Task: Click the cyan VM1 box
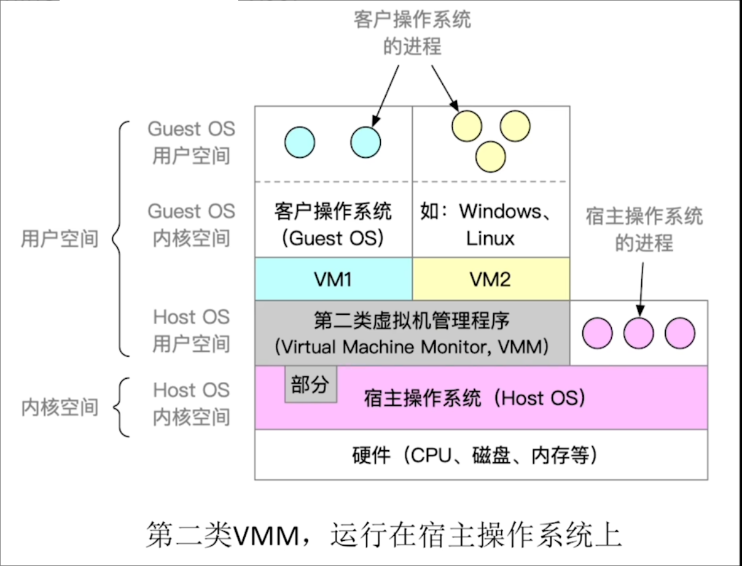tap(333, 279)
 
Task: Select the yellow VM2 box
tap(491, 279)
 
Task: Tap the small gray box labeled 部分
tap(311, 386)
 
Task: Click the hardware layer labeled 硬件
tap(481, 455)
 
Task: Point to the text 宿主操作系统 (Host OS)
tap(475, 398)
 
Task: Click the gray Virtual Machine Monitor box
tap(412, 333)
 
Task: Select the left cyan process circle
tap(299, 142)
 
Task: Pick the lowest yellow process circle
tap(491, 156)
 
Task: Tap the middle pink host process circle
tap(638, 333)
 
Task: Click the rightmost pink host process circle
tap(680, 333)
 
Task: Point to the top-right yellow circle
tap(515, 125)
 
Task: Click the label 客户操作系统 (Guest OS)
tap(333, 225)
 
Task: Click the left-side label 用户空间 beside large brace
tap(60, 238)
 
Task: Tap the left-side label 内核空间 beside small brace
tap(60, 407)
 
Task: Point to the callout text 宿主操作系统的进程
tap(644, 230)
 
